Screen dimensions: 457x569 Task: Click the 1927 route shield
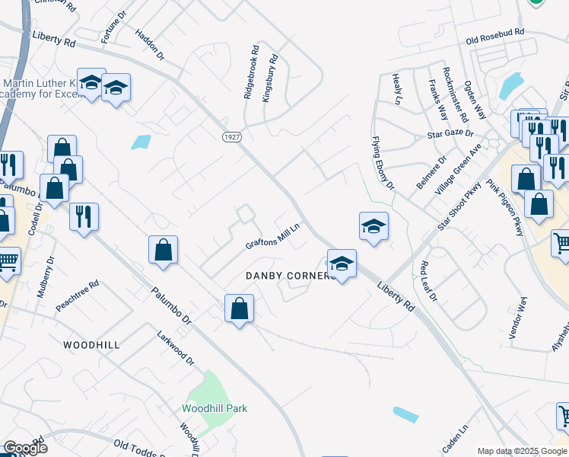(233, 136)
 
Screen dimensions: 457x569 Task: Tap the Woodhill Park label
(215, 408)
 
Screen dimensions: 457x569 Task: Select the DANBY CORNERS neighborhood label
(290, 275)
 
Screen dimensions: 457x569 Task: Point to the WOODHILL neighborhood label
(91, 345)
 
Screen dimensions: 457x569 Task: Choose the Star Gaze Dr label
(449, 134)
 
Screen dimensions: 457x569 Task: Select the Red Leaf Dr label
(428, 281)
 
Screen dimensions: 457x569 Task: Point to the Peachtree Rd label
(78, 296)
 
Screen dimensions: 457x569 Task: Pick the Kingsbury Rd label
(270, 79)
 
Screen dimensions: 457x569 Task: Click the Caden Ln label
(457, 437)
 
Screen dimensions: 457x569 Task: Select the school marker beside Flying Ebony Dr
(374, 226)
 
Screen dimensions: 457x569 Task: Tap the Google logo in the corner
(25, 448)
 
